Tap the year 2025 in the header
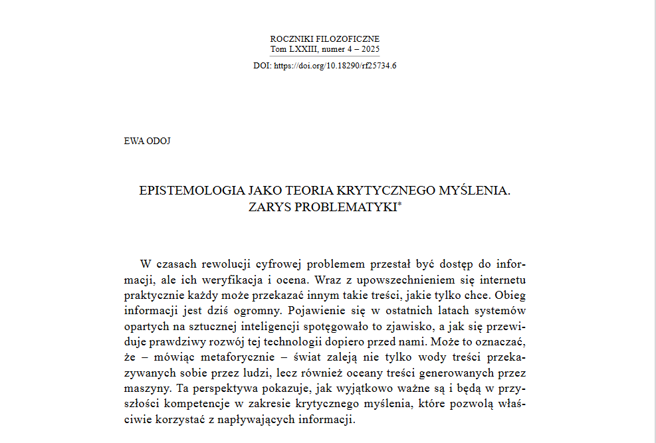tap(370, 49)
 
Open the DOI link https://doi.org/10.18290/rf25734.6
tap(335, 66)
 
